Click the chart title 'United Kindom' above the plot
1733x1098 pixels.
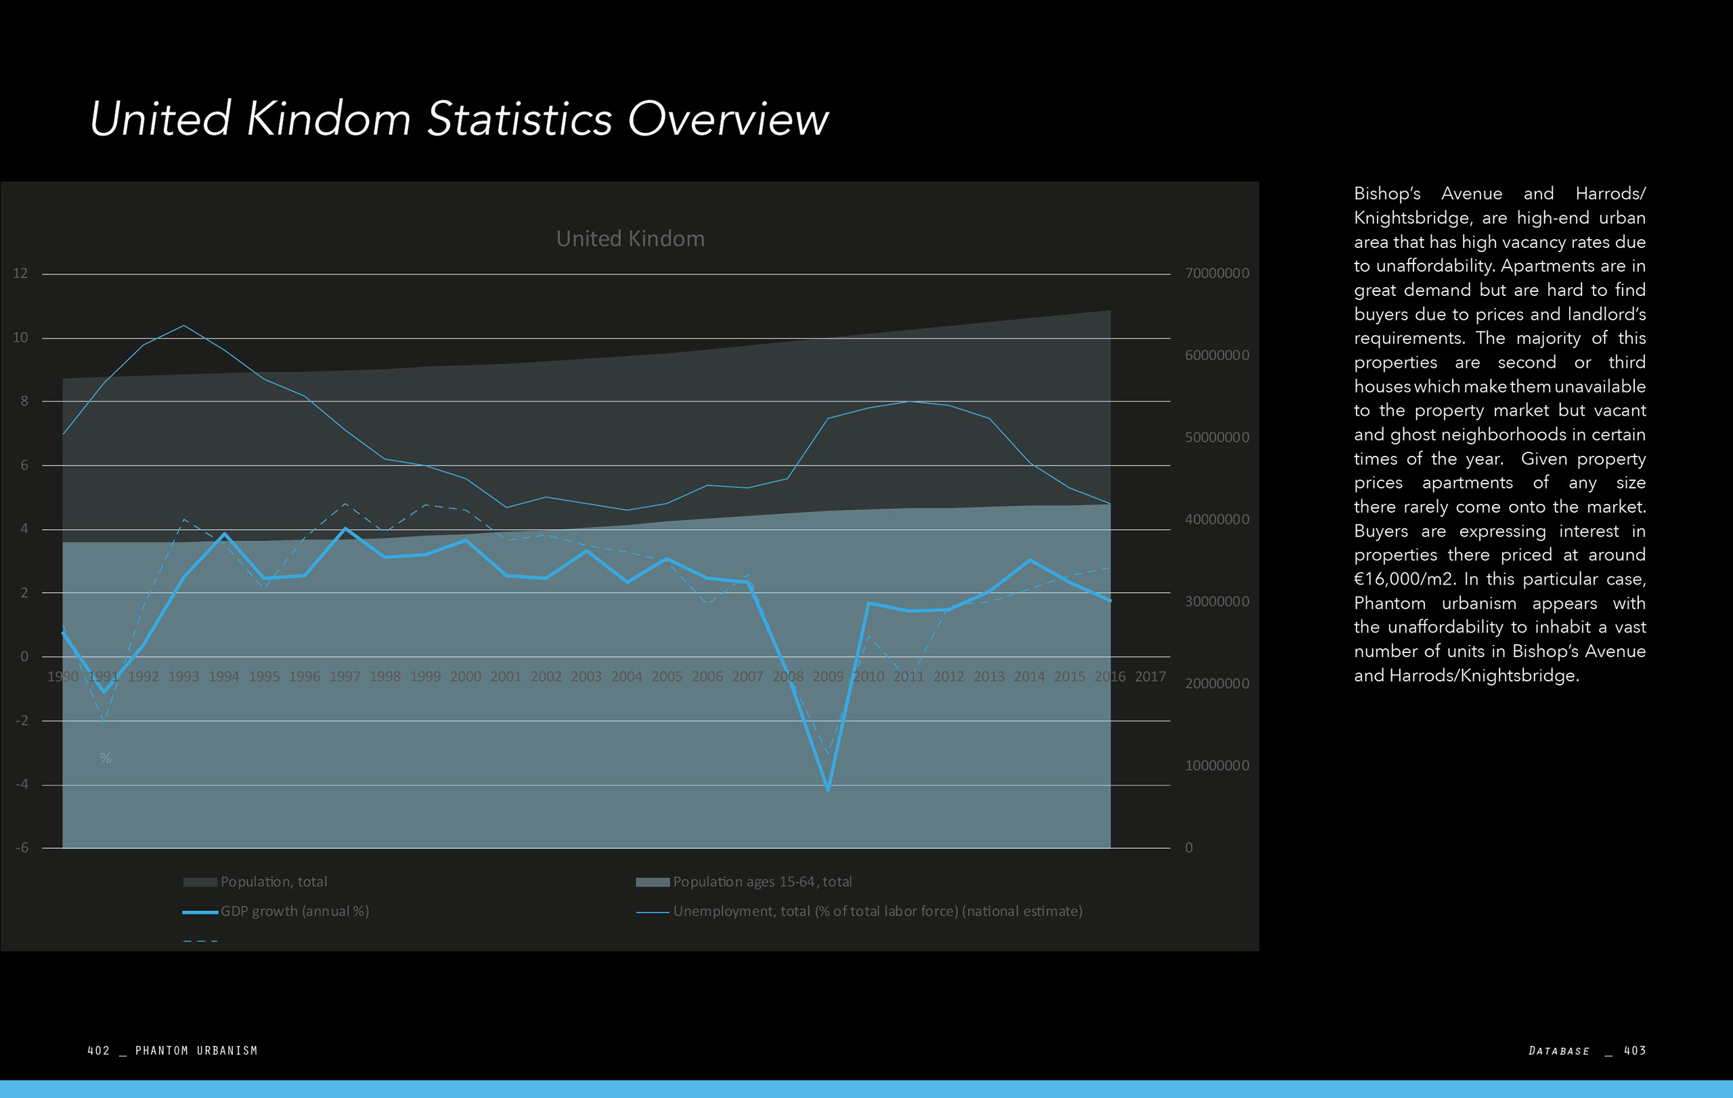click(x=630, y=238)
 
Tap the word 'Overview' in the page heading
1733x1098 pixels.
click(x=728, y=119)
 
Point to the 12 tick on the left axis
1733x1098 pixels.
click(x=20, y=274)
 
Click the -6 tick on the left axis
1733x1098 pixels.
click(x=22, y=848)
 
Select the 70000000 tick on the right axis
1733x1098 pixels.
click(x=1216, y=274)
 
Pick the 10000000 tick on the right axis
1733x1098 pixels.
click(x=1216, y=766)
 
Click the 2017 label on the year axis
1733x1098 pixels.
click(x=1149, y=677)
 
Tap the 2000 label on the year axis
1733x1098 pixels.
click(x=465, y=677)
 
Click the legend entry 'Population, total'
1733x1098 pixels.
click(x=273, y=882)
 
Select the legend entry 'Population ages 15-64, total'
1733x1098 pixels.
click(x=762, y=882)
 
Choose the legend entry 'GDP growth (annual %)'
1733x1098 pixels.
click(x=294, y=912)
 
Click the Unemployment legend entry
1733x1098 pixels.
click(x=877, y=912)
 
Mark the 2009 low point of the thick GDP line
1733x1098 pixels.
click(x=828, y=789)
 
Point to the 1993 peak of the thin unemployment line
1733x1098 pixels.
click(x=183, y=325)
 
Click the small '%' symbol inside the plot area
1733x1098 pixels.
click(x=105, y=758)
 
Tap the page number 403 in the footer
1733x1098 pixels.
click(x=1634, y=1051)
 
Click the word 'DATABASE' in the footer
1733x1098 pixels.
click(x=1559, y=1051)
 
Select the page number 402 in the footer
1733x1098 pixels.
click(x=99, y=1051)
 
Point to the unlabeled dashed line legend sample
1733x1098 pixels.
click(x=200, y=941)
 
